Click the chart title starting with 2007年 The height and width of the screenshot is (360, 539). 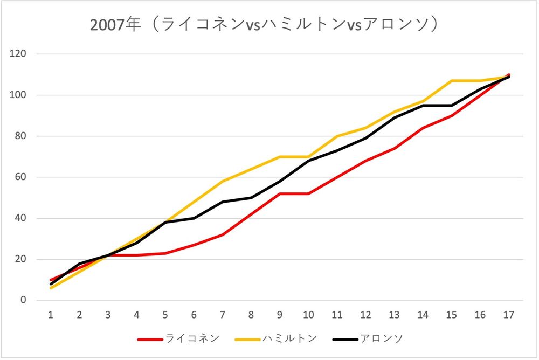pyautogui.click(x=265, y=25)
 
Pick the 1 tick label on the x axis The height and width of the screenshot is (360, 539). pyautogui.click(x=51, y=314)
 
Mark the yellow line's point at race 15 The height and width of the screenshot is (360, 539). pyautogui.click(x=452, y=81)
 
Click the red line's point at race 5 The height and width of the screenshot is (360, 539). pyautogui.click(x=165, y=253)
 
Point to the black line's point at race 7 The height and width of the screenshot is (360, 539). pyautogui.click(x=223, y=202)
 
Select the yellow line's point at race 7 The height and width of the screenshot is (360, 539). pyautogui.click(x=223, y=181)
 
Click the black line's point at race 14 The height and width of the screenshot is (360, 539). pyautogui.click(x=423, y=105)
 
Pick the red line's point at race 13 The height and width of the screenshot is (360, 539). pyautogui.click(x=395, y=148)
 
